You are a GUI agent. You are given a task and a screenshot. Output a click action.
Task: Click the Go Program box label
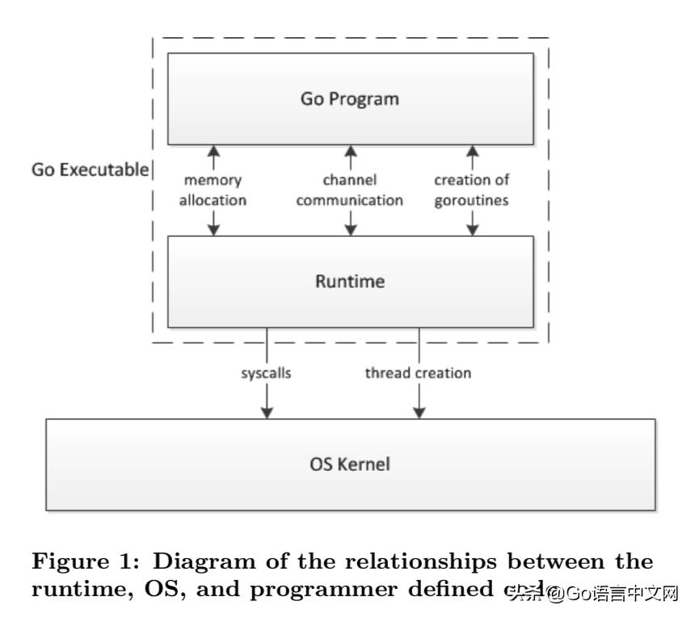pyautogui.click(x=350, y=99)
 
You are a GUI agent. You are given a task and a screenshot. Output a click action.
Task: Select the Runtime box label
pyautogui.click(x=350, y=282)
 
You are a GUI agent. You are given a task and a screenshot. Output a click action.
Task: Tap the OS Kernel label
pyautogui.click(x=350, y=464)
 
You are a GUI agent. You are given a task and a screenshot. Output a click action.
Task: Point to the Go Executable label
pyautogui.click(x=90, y=170)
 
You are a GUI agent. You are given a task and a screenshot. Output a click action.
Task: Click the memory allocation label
pyautogui.click(x=213, y=190)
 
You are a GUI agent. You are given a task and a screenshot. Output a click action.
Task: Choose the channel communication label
pyautogui.click(x=350, y=190)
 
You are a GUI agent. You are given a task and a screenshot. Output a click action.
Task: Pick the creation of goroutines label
pyautogui.click(x=472, y=190)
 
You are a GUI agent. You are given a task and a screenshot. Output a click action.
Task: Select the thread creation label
pyautogui.click(x=418, y=374)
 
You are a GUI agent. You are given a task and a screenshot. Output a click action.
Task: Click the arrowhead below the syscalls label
pyautogui.click(x=267, y=412)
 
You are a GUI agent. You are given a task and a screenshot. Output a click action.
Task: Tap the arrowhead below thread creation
pyautogui.click(x=419, y=412)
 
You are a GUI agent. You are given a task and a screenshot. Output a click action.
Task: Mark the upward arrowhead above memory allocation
pyautogui.click(x=213, y=151)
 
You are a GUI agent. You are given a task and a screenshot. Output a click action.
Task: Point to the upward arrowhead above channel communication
pyautogui.click(x=351, y=151)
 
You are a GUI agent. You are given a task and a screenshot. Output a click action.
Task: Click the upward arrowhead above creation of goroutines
pyautogui.click(x=472, y=151)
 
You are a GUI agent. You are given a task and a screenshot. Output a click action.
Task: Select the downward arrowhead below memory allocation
pyautogui.click(x=213, y=229)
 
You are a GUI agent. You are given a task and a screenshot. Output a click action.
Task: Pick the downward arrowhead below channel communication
pyautogui.click(x=351, y=229)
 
